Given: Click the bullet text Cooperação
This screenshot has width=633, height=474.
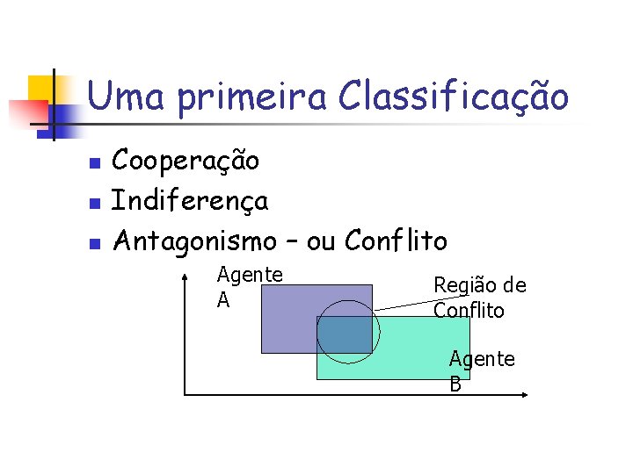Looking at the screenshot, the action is coord(186,162).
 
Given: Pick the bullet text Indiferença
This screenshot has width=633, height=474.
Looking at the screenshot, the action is coord(191,201).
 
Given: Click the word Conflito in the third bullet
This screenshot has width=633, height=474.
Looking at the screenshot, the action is coord(397,240).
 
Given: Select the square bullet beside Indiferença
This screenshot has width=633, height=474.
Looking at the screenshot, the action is coord(97,203).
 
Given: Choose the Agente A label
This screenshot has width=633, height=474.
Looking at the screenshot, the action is coord(249,287).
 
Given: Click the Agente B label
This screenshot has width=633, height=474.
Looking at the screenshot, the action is coord(481,370).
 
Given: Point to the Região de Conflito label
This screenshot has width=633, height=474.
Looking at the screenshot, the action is coord(479,298).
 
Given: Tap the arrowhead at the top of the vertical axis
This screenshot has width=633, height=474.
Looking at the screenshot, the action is coord(185,278).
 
